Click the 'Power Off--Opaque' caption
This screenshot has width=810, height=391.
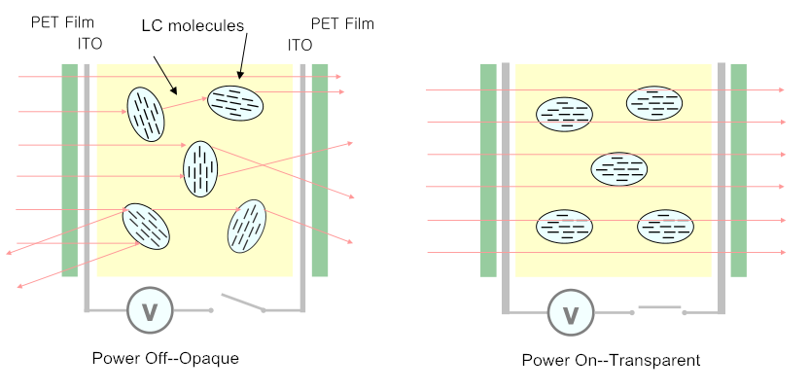coord(165,358)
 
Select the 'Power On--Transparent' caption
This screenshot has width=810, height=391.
coord(611,360)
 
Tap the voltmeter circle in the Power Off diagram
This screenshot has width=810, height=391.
coord(150,310)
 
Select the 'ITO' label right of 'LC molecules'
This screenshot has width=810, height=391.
coord(299,45)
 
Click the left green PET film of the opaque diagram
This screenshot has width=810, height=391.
coord(69,170)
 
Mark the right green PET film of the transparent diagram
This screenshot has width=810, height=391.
coord(738,170)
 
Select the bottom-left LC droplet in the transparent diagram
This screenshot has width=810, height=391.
coord(565,227)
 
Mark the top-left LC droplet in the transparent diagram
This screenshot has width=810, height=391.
coord(565,114)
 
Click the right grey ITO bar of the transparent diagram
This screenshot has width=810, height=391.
coord(721,185)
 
